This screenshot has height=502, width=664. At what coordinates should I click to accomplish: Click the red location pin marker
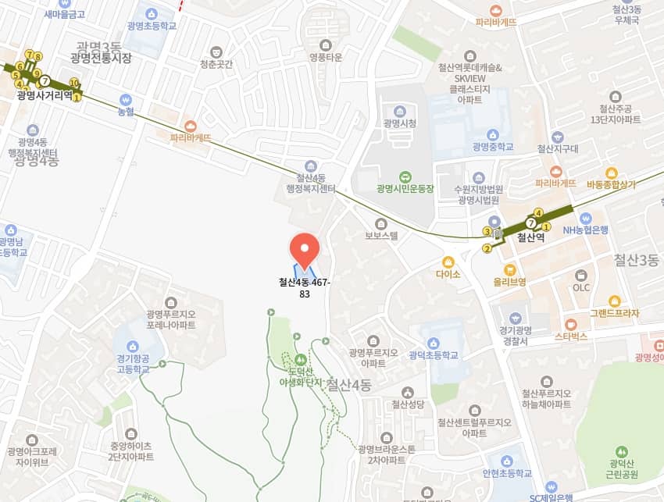304,249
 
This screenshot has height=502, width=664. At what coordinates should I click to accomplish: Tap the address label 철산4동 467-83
305,288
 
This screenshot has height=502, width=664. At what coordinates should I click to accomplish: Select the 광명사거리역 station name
45,95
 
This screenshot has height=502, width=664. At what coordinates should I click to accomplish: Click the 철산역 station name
530,238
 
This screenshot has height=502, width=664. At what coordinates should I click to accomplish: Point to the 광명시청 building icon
400,110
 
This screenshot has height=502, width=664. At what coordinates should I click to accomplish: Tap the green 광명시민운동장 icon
405,176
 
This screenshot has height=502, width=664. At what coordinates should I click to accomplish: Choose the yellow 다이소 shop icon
448,262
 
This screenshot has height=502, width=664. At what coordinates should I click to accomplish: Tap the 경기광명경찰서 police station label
516,336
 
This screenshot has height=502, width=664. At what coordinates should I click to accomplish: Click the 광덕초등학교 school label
434,354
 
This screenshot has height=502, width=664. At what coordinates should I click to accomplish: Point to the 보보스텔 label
381,235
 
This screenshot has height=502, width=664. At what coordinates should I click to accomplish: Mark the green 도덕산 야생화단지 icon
300,360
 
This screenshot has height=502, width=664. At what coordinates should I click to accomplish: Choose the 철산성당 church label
407,404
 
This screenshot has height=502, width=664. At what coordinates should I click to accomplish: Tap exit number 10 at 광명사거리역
74,83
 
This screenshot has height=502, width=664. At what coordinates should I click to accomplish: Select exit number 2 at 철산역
487,249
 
